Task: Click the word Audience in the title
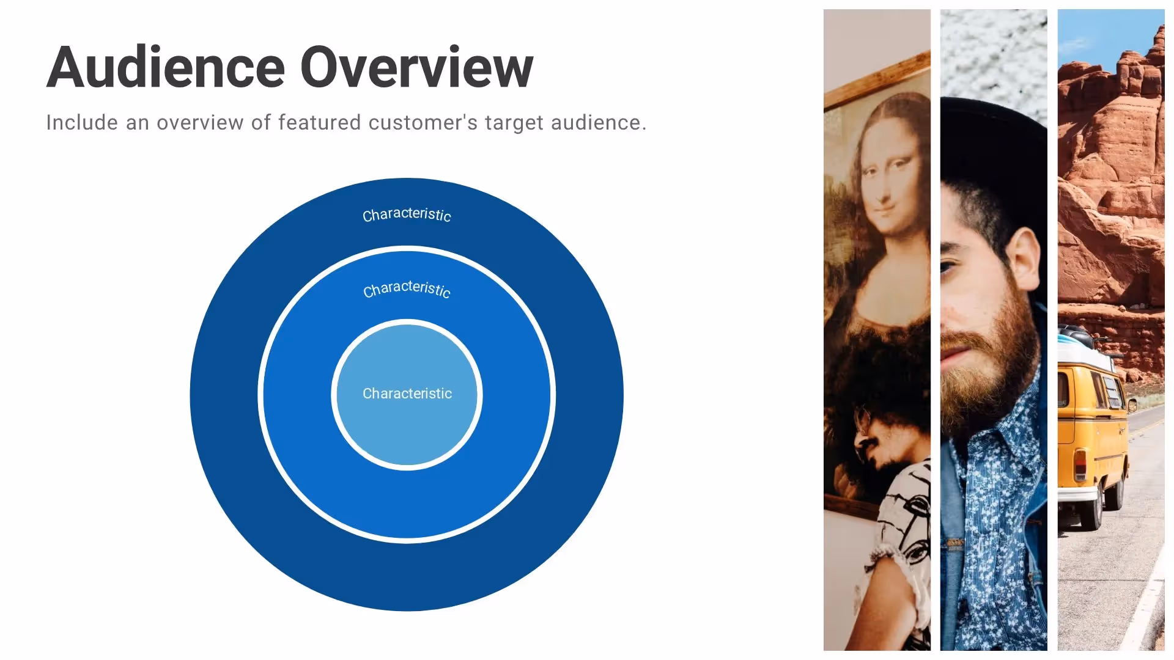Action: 166,67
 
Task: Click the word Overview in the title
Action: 416,67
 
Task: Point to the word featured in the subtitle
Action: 319,123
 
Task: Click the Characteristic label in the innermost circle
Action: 407,394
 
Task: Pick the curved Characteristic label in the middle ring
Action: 407,288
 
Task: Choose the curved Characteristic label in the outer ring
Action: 407,215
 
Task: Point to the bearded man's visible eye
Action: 948,267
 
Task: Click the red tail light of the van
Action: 1081,464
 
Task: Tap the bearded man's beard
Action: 984,367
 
